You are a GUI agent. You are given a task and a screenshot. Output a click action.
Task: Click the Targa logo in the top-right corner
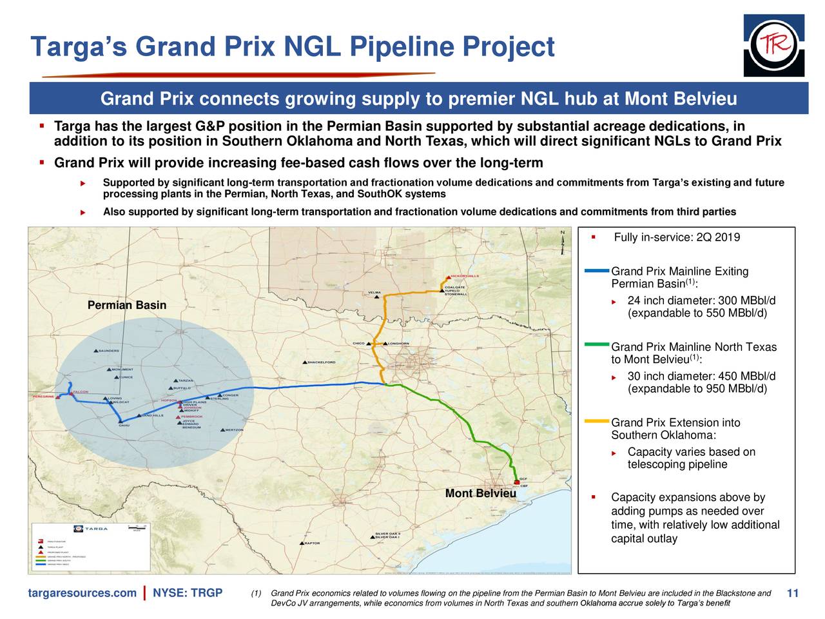[x=773, y=45]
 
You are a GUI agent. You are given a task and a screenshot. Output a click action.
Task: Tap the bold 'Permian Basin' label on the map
[x=127, y=305]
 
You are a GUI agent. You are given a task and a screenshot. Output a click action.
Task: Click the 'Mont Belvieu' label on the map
[x=480, y=494]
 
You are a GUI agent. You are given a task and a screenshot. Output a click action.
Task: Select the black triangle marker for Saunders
[x=97, y=351]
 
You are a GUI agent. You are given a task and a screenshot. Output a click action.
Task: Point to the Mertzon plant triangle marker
[x=223, y=429]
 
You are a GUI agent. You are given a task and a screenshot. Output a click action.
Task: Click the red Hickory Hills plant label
[x=464, y=276]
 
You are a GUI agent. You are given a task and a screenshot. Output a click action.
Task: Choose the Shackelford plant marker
[x=305, y=362]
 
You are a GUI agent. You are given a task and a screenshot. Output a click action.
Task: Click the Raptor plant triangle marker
[x=301, y=543]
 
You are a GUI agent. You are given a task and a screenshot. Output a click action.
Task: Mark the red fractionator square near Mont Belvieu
[x=516, y=482]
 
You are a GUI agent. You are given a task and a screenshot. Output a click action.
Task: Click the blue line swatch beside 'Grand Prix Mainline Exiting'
[x=597, y=270]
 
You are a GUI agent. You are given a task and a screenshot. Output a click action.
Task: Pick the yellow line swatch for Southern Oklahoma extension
[x=597, y=421]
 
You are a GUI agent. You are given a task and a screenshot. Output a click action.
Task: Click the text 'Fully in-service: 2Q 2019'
[x=677, y=238]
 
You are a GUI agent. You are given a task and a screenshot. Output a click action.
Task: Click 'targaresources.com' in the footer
[x=82, y=593]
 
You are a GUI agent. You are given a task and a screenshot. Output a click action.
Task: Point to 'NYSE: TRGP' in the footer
[x=188, y=593]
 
